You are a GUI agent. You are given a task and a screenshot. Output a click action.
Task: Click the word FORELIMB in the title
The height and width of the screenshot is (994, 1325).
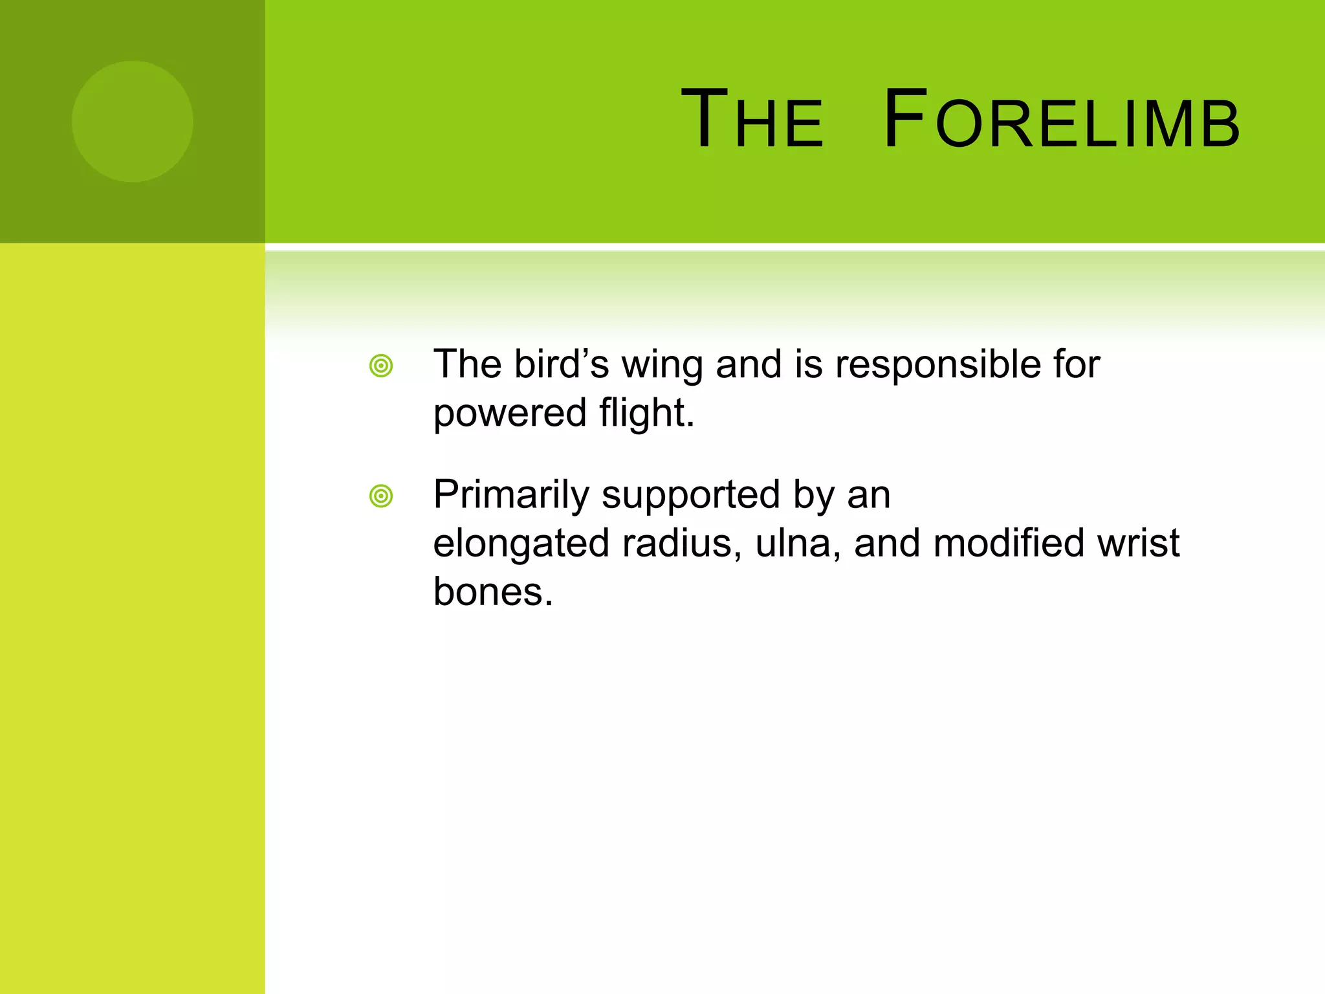[1061, 120]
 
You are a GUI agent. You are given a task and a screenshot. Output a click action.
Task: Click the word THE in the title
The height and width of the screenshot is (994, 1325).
[752, 120]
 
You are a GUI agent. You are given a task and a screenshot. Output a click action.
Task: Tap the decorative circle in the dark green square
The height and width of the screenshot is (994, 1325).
[132, 122]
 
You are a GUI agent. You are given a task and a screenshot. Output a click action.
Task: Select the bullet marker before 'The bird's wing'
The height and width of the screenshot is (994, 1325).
[381, 366]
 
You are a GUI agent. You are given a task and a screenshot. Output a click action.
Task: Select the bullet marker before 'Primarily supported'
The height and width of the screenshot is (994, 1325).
[381, 496]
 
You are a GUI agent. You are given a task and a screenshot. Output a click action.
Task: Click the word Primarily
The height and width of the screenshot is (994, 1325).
[510, 496]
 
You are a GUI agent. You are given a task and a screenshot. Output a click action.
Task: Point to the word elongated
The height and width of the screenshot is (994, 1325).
[521, 544]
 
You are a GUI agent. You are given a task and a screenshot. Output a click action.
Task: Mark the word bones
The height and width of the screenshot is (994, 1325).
[492, 591]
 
